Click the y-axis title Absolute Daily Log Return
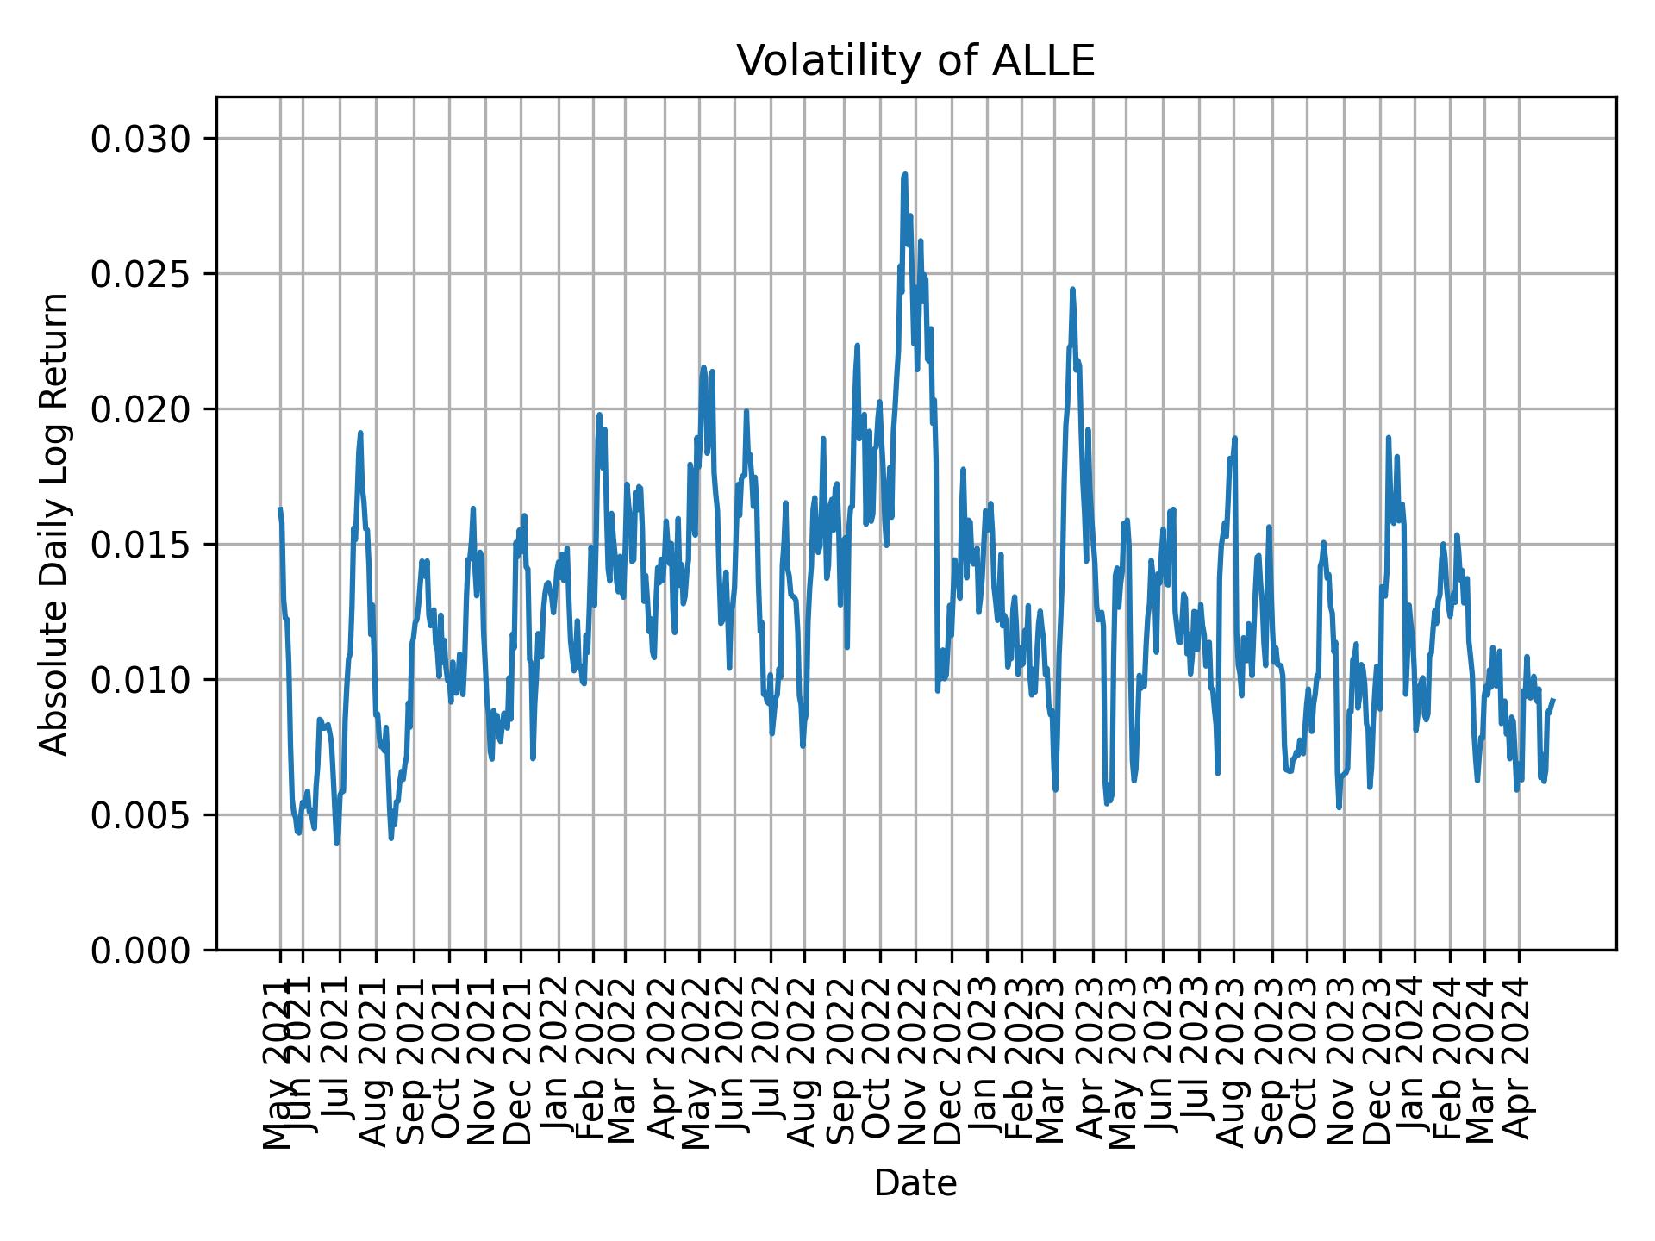pos(55,523)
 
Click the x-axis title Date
pos(915,1183)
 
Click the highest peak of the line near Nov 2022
pos(905,174)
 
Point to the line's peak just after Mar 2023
pos(1072,289)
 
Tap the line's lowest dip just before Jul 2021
pos(336,844)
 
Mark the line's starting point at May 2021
pos(279,508)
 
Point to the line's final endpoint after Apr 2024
pos(1552,700)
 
